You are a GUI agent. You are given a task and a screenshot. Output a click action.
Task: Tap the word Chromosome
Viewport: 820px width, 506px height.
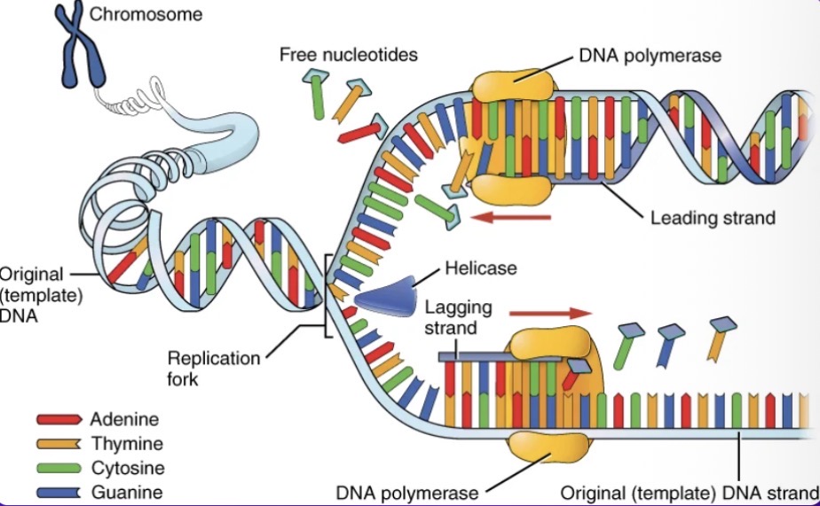tap(146, 14)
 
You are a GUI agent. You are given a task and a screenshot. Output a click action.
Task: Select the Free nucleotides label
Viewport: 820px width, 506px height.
tap(348, 54)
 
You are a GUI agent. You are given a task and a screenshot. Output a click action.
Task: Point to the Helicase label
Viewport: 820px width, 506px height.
tap(481, 268)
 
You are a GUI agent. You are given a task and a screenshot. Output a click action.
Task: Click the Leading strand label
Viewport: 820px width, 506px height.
tap(713, 218)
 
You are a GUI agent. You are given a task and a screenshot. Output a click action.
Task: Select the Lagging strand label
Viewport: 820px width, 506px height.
tap(458, 317)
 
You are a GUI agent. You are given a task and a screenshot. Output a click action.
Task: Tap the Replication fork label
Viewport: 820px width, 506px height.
tap(213, 368)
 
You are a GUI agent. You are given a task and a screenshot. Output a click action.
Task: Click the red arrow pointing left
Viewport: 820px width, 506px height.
tap(511, 217)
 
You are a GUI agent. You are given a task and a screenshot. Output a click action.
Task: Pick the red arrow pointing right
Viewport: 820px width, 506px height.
tap(551, 314)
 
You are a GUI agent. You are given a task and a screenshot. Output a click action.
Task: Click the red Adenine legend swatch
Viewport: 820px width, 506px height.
tap(59, 419)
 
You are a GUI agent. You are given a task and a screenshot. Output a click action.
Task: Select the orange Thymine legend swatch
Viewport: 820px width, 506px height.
tap(59, 443)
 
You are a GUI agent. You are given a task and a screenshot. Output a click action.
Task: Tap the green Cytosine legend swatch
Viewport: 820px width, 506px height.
tap(59, 468)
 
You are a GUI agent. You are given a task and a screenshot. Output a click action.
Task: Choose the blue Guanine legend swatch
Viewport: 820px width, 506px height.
tap(59, 493)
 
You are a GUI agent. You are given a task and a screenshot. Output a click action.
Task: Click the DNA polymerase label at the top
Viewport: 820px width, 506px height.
tap(650, 55)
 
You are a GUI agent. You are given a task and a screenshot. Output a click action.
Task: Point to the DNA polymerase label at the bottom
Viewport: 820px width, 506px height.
tap(406, 493)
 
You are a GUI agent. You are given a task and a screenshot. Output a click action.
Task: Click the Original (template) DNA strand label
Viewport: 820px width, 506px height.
tap(690, 493)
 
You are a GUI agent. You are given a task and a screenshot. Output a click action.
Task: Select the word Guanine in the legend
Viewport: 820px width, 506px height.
tap(127, 492)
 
